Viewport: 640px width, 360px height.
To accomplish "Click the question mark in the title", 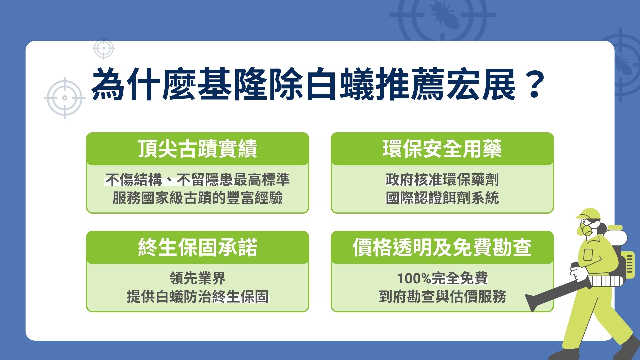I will (x=534, y=85).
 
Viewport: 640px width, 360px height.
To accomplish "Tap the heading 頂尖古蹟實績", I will (x=197, y=149).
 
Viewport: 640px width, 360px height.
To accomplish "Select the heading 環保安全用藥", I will (x=442, y=149).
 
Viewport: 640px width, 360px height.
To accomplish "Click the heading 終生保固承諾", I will (x=197, y=247).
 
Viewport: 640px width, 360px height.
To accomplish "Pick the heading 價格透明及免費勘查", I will (x=442, y=247).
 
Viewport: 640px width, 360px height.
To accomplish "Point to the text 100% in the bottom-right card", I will (x=414, y=278).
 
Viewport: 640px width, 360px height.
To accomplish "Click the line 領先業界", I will (x=197, y=278).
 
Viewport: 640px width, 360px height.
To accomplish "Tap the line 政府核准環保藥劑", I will (x=442, y=180).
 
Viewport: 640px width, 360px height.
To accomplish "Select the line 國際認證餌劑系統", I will (x=442, y=198).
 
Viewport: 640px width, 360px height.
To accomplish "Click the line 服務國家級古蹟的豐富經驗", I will (x=197, y=198).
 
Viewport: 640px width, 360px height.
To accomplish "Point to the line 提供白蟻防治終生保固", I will (x=197, y=296).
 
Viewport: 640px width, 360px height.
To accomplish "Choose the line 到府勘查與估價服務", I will (x=442, y=296).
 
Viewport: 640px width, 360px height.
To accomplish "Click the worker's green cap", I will (x=589, y=213).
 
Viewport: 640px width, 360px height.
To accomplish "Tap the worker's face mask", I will (x=586, y=229).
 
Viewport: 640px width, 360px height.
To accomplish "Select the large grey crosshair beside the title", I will (x=65, y=98).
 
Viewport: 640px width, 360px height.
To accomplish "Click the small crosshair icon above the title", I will (x=104, y=48).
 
